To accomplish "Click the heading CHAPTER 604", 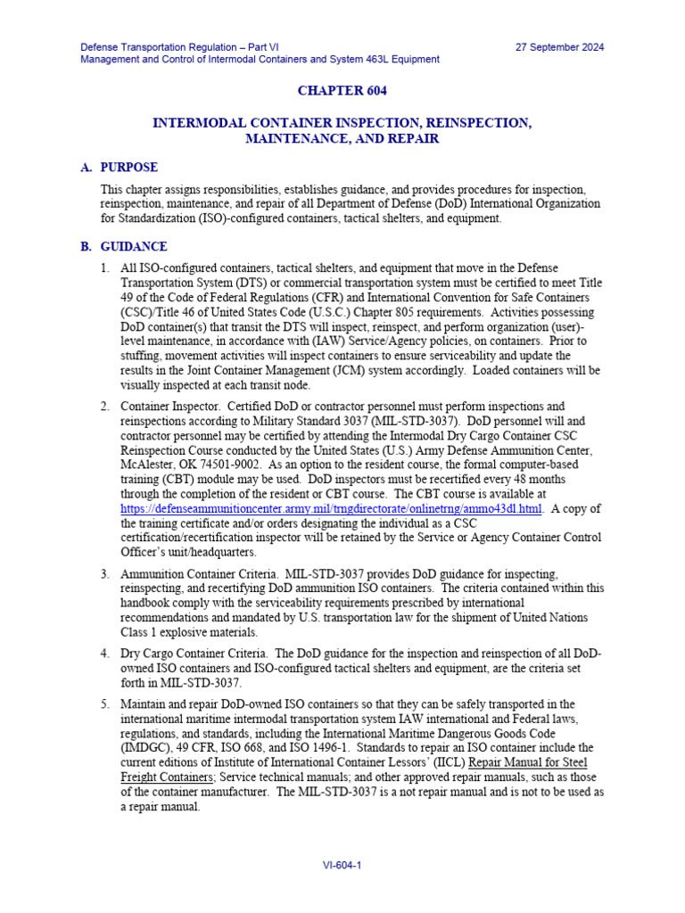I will (342, 91).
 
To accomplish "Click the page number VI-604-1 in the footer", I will (342, 865).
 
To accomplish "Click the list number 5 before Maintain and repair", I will (104, 704).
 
